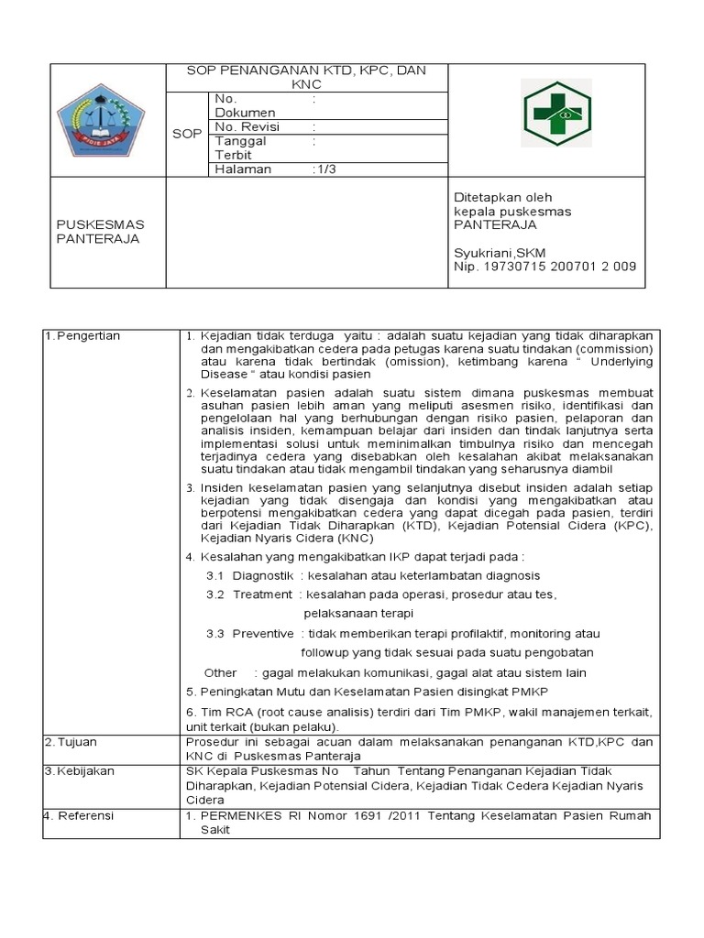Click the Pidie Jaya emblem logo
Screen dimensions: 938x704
click(106, 119)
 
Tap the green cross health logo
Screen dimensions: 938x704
click(557, 114)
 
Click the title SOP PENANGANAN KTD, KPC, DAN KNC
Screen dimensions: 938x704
click(306, 77)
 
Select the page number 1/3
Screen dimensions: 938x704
click(324, 169)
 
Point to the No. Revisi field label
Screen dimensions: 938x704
click(247, 127)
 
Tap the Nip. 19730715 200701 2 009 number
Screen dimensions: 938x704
click(545, 267)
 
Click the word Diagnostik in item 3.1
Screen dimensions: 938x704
click(263, 576)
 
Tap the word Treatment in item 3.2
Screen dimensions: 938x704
click(262, 594)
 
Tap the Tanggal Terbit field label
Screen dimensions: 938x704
click(240, 148)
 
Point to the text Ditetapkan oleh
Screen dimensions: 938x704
click(503, 198)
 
